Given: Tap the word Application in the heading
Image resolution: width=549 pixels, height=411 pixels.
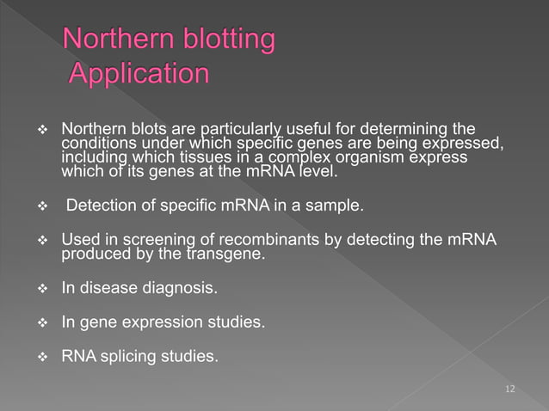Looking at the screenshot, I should pos(138,74).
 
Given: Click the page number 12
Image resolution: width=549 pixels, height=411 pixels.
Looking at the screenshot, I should pos(510,390).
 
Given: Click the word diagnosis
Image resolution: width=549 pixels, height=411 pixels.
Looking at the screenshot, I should pos(176,289).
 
